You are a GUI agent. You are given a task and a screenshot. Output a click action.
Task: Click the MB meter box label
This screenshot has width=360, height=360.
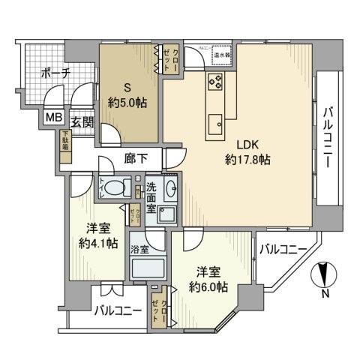click(54, 118)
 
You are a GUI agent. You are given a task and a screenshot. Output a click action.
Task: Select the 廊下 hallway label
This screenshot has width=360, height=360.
click(138, 158)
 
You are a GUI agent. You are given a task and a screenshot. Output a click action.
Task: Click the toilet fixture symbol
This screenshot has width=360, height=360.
click(112, 188)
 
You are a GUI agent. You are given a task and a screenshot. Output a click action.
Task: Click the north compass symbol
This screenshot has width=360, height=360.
click(323, 276)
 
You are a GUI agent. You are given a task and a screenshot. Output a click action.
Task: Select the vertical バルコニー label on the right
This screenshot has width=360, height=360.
click(328, 139)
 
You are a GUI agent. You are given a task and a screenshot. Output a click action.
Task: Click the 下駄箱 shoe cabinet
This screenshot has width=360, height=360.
click(66, 144)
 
